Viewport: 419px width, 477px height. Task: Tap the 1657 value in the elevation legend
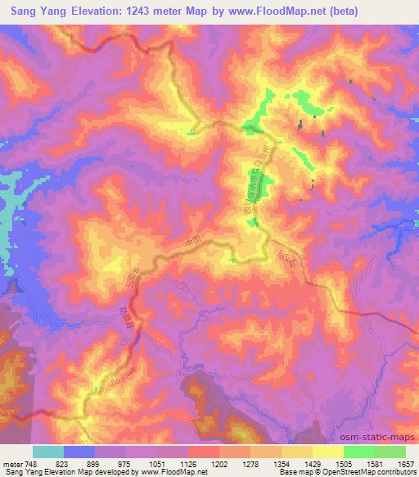(x=406, y=462)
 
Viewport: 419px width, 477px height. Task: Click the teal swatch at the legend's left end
(x=48, y=452)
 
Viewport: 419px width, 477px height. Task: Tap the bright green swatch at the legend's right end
(x=390, y=452)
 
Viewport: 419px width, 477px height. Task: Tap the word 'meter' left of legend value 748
(x=10, y=462)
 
